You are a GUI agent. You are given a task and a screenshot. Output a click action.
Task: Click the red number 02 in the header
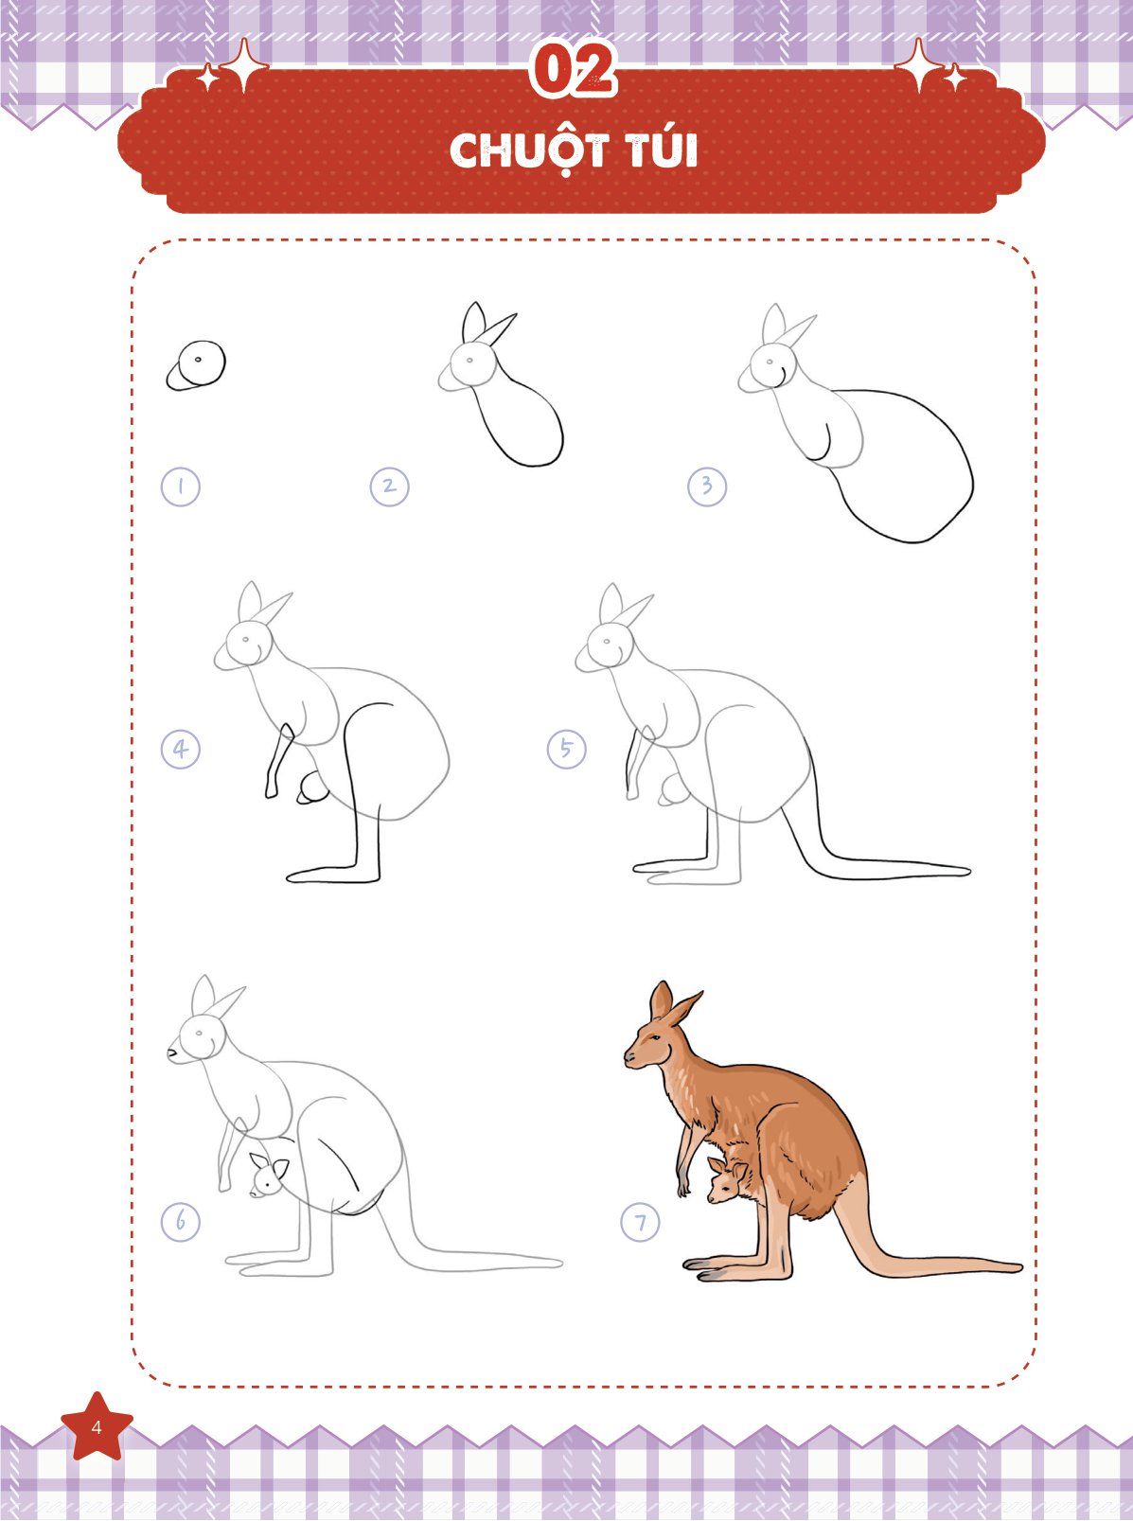(574, 71)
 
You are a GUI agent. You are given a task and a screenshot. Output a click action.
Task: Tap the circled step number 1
(181, 486)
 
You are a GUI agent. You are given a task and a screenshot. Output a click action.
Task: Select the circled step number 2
(390, 486)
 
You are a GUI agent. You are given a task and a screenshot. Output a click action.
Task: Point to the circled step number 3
(707, 486)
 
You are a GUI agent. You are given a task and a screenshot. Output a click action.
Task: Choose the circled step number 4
(181, 749)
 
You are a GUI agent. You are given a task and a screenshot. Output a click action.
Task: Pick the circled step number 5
(566, 749)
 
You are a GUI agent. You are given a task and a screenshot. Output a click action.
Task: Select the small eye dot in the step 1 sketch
(198, 359)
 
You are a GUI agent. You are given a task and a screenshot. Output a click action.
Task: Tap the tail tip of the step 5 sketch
(967, 872)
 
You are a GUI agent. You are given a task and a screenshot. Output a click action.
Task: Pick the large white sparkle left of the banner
(242, 66)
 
